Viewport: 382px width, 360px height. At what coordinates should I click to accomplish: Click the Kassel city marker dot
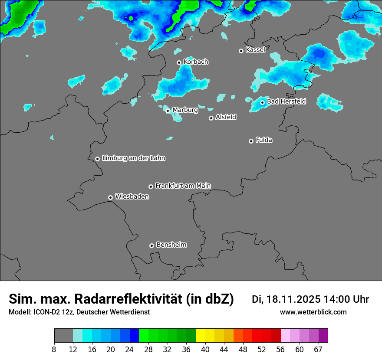[241, 51]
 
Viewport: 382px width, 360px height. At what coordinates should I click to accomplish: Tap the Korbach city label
[196, 62]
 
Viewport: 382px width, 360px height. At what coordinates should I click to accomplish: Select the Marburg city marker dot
[168, 111]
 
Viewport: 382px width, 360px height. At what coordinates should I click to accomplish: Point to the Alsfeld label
[226, 117]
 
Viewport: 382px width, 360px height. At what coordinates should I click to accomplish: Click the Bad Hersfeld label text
[286, 101]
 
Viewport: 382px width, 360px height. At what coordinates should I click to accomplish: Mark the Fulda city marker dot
[251, 141]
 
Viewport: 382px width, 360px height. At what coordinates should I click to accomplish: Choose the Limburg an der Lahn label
[133, 158]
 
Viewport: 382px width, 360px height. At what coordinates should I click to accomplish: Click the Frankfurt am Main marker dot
[151, 187]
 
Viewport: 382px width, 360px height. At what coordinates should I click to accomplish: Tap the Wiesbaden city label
[132, 196]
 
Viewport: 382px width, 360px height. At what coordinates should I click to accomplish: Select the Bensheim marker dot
[151, 245]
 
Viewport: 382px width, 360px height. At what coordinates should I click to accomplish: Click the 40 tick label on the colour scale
[205, 349]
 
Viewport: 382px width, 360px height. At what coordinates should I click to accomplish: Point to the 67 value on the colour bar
[318, 349]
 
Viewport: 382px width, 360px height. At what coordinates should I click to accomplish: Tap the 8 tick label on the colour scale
[54, 349]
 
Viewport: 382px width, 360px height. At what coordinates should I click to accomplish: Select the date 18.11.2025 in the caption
[293, 299]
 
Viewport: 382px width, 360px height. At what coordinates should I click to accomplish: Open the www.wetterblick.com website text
[313, 312]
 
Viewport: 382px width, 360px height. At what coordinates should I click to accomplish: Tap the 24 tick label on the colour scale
[129, 349]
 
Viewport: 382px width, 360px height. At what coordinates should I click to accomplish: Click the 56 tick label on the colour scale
[280, 349]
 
